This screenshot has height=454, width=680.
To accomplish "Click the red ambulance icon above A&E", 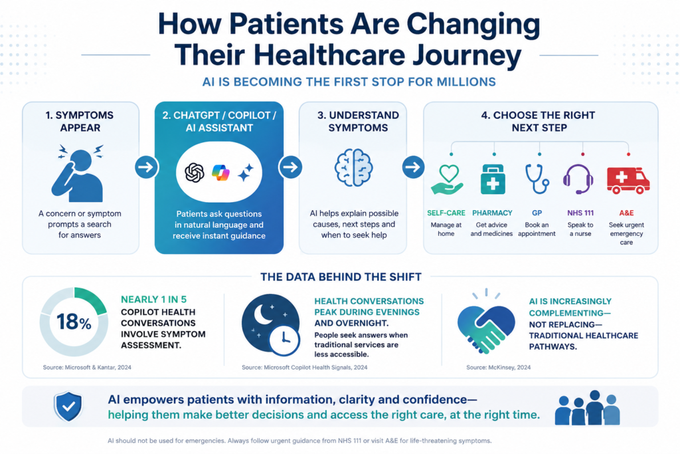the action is click(628, 180).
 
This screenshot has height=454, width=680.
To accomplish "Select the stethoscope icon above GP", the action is click(537, 179).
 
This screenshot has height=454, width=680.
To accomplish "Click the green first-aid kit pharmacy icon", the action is click(493, 179).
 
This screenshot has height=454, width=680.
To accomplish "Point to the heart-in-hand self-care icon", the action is click(447, 179).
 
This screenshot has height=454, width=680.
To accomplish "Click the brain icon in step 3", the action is click(354, 168).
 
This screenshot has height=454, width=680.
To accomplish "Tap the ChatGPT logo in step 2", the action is click(195, 172).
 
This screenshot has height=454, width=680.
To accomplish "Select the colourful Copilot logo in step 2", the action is click(220, 173).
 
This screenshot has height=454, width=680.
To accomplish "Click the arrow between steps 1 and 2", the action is click(146, 167).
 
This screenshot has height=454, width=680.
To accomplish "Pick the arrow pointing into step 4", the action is click(413, 167).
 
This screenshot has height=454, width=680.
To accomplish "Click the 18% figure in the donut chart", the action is click(74, 322).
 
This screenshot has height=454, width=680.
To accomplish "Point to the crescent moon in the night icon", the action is click(262, 314).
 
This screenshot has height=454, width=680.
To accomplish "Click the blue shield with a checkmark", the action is click(68, 407).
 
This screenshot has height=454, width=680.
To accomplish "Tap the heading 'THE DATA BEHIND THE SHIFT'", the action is click(341, 277).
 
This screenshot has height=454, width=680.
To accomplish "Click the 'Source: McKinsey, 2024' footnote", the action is click(498, 367).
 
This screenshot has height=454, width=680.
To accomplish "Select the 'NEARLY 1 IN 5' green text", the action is click(153, 300).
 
